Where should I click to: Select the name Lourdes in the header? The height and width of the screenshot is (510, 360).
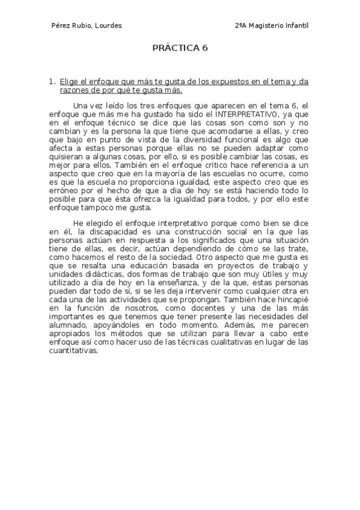click(108, 26)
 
